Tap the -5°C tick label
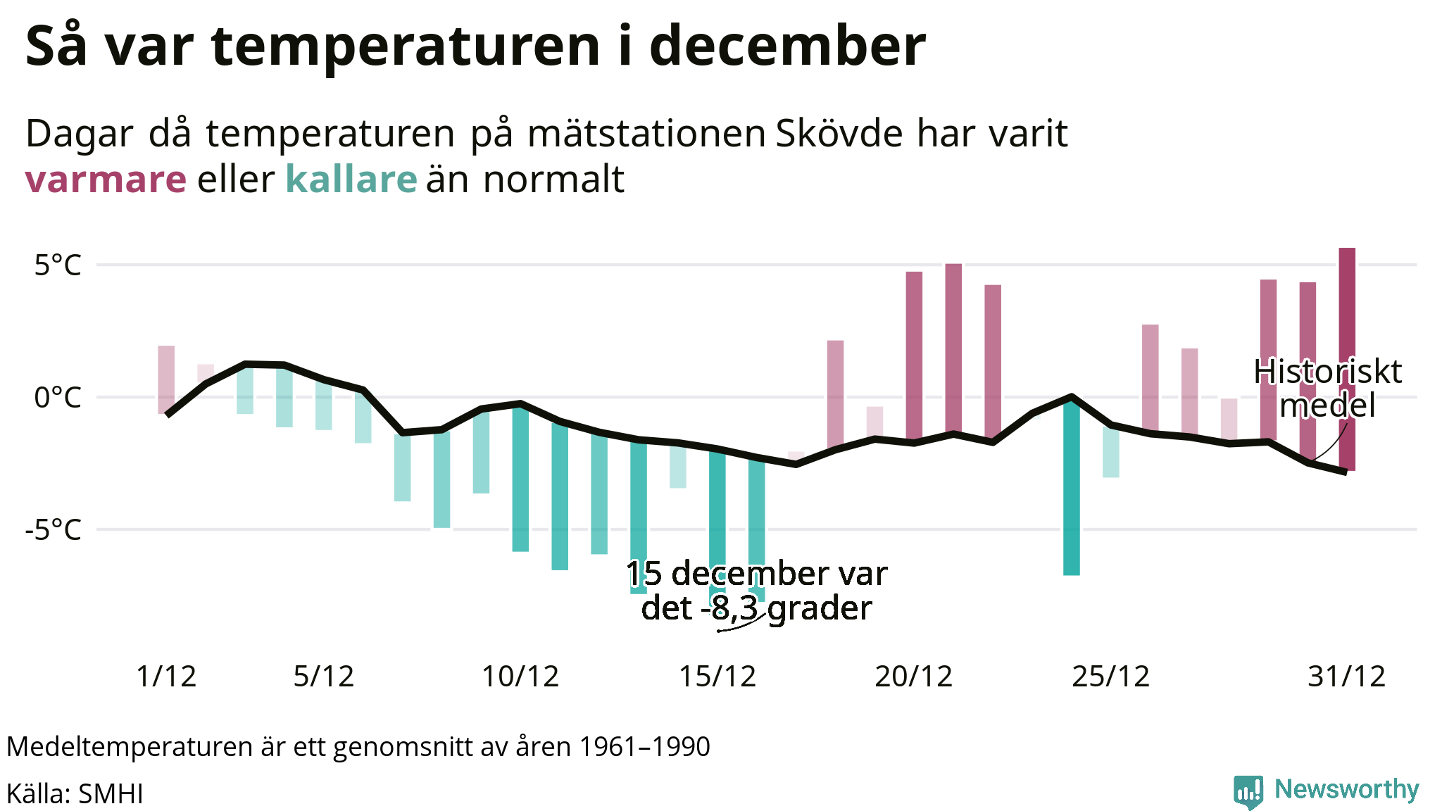pos(54,529)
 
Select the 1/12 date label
pos(166,677)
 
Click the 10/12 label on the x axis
pos(520,677)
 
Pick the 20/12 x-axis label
pos(913,677)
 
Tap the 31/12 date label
pos(1346,677)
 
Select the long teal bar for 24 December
pos(1071,493)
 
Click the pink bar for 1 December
pos(166,373)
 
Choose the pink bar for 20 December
pos(914,352)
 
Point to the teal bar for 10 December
pos(520,486)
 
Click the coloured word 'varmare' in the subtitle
pos(106,180)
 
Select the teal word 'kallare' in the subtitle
pos(351,180)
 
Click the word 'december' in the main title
pos(786,46)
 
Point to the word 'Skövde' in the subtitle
pos(839,134)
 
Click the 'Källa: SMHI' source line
pos(75,794)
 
